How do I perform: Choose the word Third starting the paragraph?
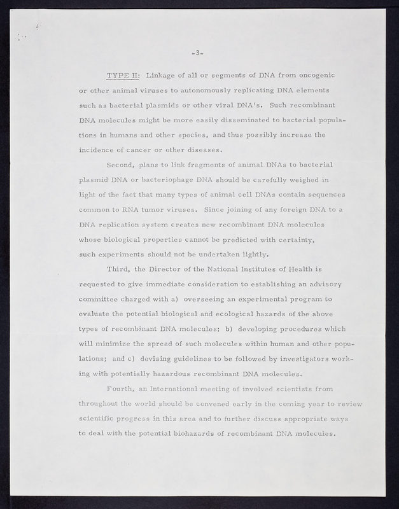(x=120, y=269)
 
